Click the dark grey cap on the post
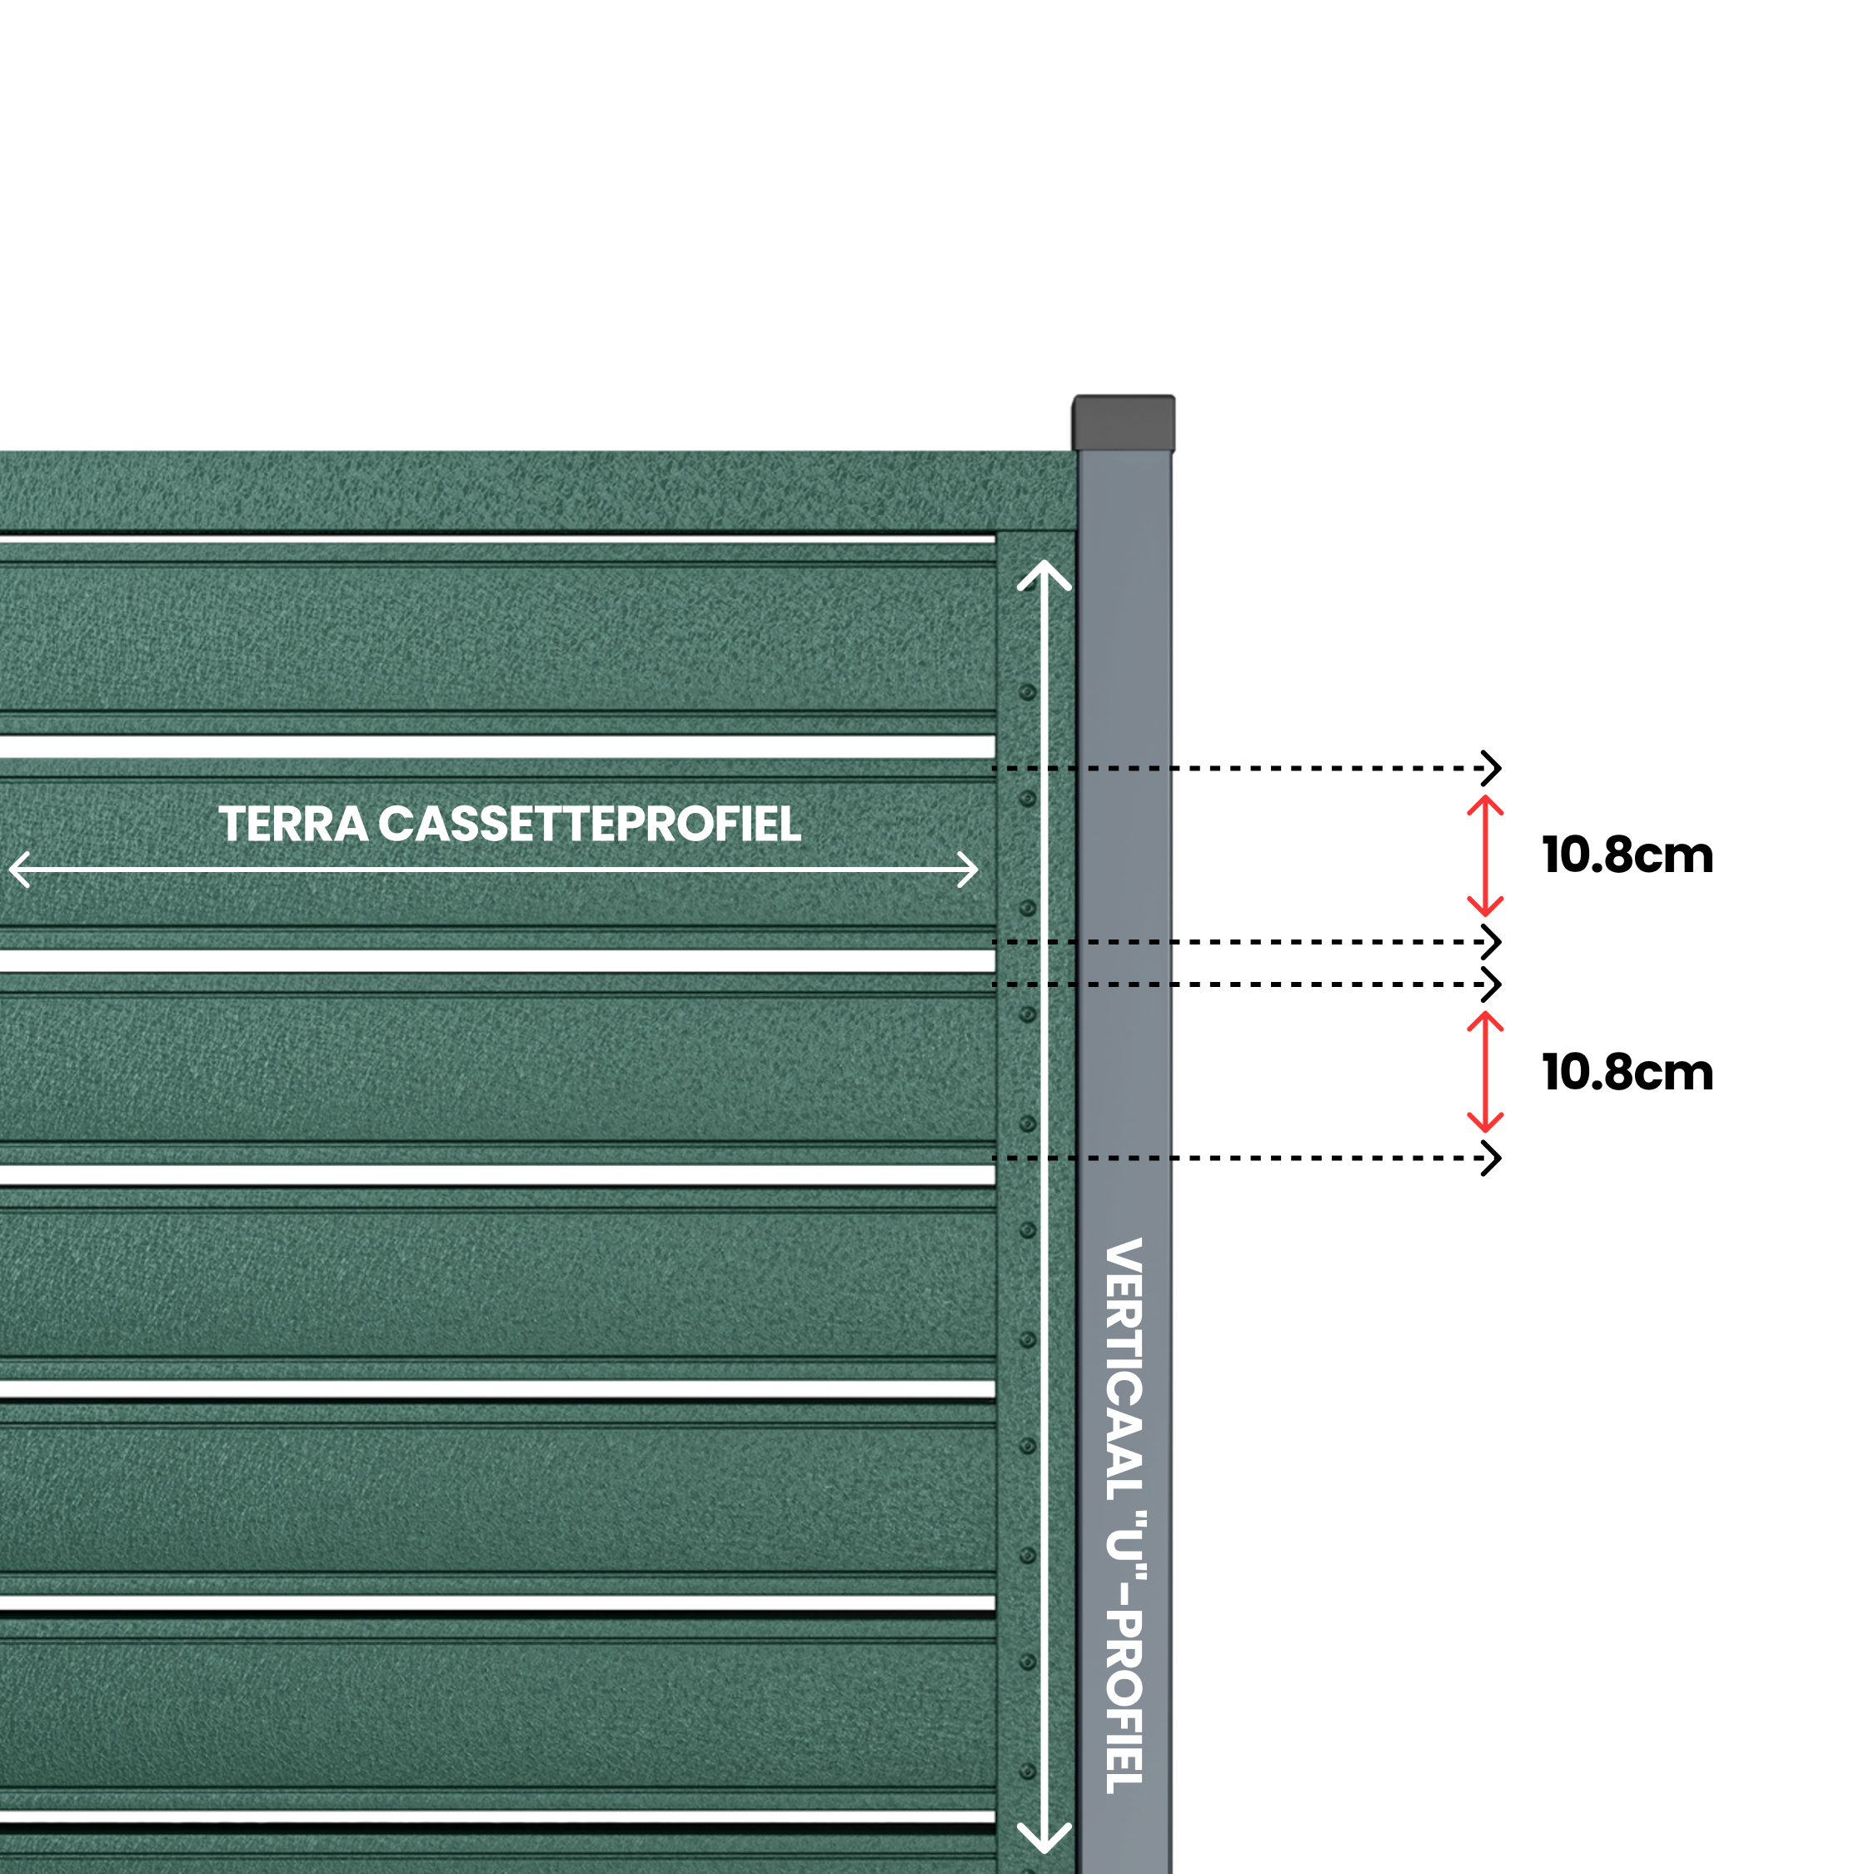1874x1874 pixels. [x=1124, y=423]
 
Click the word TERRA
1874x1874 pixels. [x=293, y=825]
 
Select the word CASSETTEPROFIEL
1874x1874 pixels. [x=590, y=825]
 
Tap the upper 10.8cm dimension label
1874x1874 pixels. [x=1627, y=855]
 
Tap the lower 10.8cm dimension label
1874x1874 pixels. [x=1627, y=1073]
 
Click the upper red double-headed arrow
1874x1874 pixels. [x=1485, y=855]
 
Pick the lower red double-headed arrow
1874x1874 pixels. [x=1485, y=1072]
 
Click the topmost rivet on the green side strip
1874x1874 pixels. [x=1027, y=693]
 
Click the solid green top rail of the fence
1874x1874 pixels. [x=538, y=491]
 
